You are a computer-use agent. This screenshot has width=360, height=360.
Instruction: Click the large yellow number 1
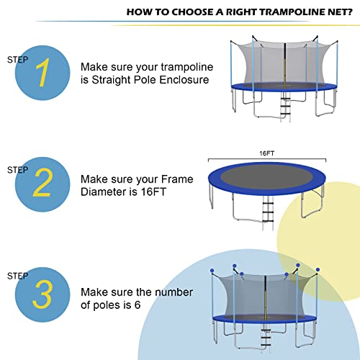(x=44, y=73)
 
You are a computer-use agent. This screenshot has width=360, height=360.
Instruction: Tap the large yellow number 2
(x=44, y=185)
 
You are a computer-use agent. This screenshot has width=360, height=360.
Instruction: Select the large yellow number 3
(x=44, y=297)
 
